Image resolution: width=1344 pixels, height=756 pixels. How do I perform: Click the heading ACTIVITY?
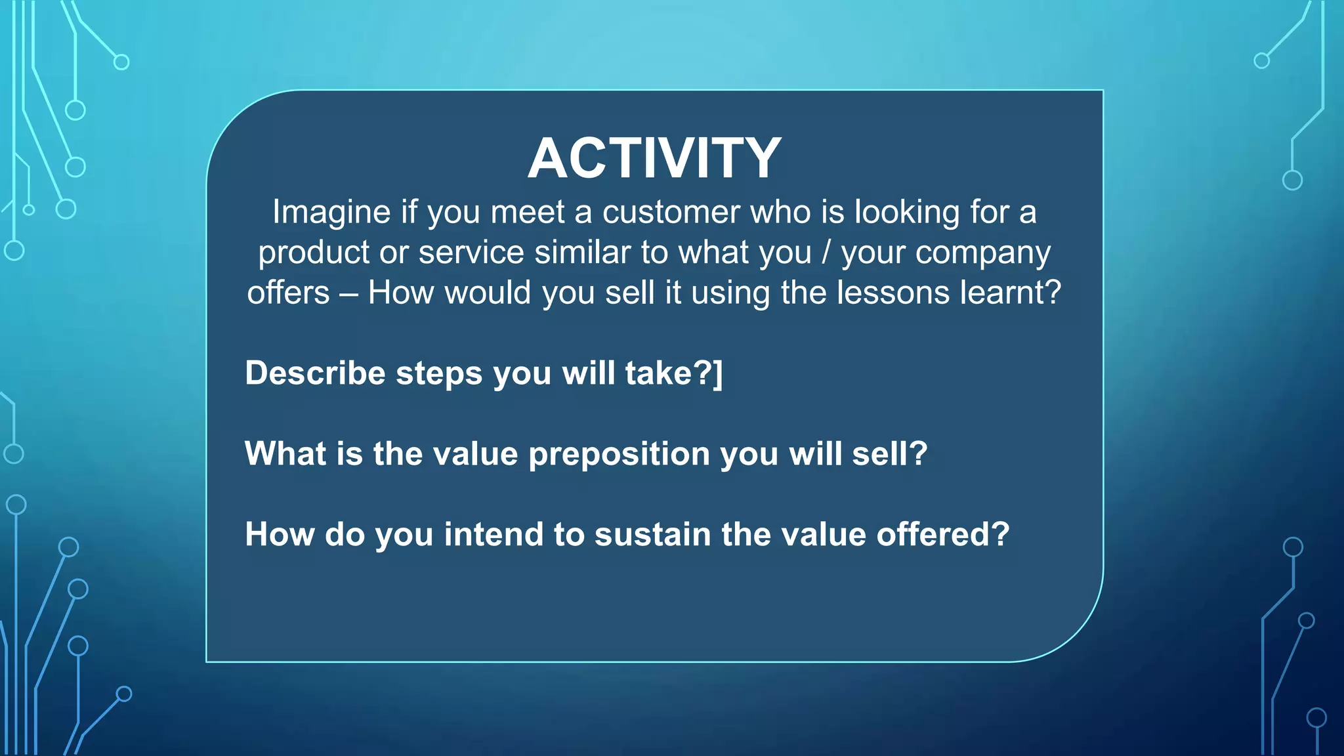[x=654, y=158]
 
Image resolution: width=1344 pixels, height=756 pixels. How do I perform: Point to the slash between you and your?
[x=826, y=253]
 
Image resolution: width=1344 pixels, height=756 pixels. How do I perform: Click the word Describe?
[x=315, y=373]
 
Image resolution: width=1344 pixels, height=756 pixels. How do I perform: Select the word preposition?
[x=619, y=454]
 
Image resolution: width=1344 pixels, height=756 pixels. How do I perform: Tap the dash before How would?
[x=348, y=294]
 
